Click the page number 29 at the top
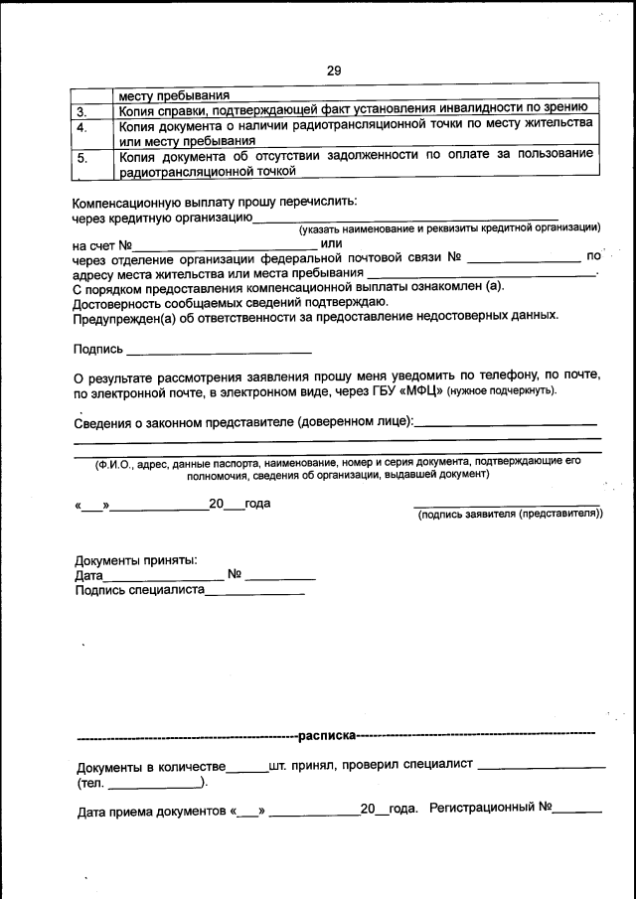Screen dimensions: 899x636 (333, 70)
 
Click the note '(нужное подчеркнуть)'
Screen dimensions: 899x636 (502, 392)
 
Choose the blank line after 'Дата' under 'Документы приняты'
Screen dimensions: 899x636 (164, 578)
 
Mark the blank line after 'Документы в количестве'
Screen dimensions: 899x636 (247, 771)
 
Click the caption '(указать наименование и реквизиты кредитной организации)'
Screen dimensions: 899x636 (450, 228)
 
